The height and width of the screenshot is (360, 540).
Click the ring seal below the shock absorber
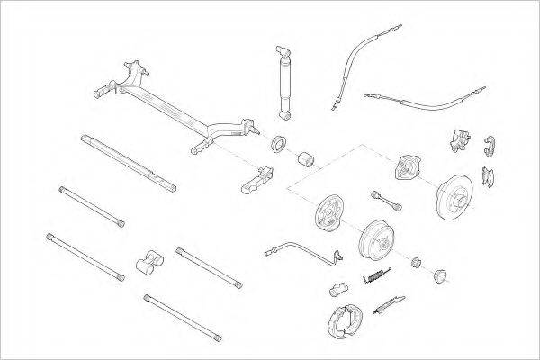(279, 141)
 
